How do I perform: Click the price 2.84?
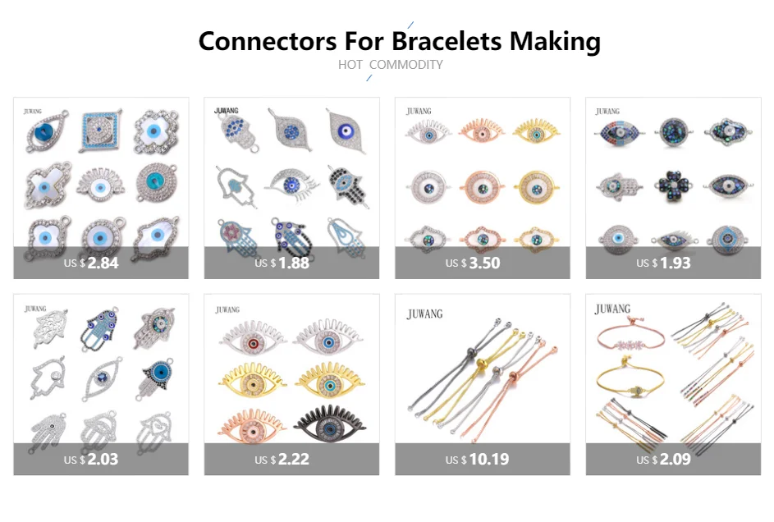[x=103, y=263]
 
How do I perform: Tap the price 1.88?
[x=294, y=263]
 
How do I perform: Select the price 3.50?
[x=484, y=263]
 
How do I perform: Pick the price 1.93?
[x=676, y=263]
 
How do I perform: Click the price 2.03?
[x=103, y=459]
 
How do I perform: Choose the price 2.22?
[x=294, y=459]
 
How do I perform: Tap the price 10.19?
[x=488, y=459]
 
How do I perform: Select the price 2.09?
[x=676, y=459]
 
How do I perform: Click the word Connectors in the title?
[x=268, y=41]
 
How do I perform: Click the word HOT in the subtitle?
[x=350, y=65]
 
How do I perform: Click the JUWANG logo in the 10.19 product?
[x=425, y=314]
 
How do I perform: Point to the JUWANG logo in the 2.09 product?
[x=613, y=309]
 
